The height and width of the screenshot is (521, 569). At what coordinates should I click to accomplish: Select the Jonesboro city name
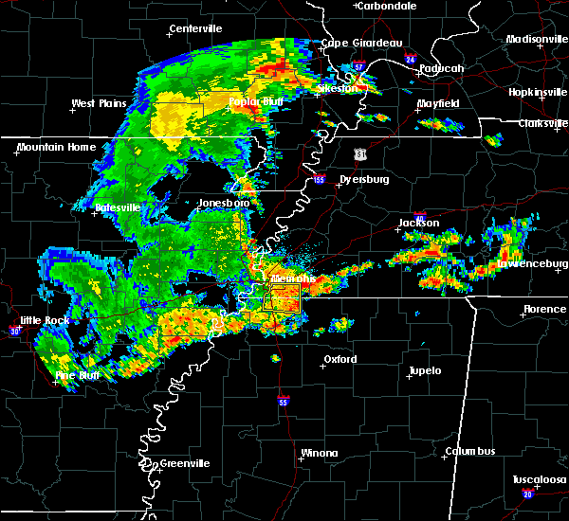coord(223,203)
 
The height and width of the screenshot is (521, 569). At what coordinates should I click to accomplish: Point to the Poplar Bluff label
coord(251,102)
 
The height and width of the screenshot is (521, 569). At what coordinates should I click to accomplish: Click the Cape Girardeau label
coord(361,43)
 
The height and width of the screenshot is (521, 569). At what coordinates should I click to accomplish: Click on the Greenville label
coord(184,463)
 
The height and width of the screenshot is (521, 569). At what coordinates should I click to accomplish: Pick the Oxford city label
coord(340,360)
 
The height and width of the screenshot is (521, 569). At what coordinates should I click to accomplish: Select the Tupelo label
coord(425,370)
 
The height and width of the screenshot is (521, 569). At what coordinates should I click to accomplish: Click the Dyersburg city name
coord(366,178)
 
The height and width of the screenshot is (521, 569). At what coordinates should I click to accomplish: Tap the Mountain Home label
coord(56,147)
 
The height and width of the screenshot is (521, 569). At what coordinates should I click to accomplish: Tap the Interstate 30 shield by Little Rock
coord(14,331)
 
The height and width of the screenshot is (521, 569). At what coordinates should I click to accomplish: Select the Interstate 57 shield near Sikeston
coord(358,65)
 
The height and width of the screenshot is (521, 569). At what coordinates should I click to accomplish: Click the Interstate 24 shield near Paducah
coord(410,59)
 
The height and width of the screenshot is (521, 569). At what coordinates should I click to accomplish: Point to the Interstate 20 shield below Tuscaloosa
coord(527,494)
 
